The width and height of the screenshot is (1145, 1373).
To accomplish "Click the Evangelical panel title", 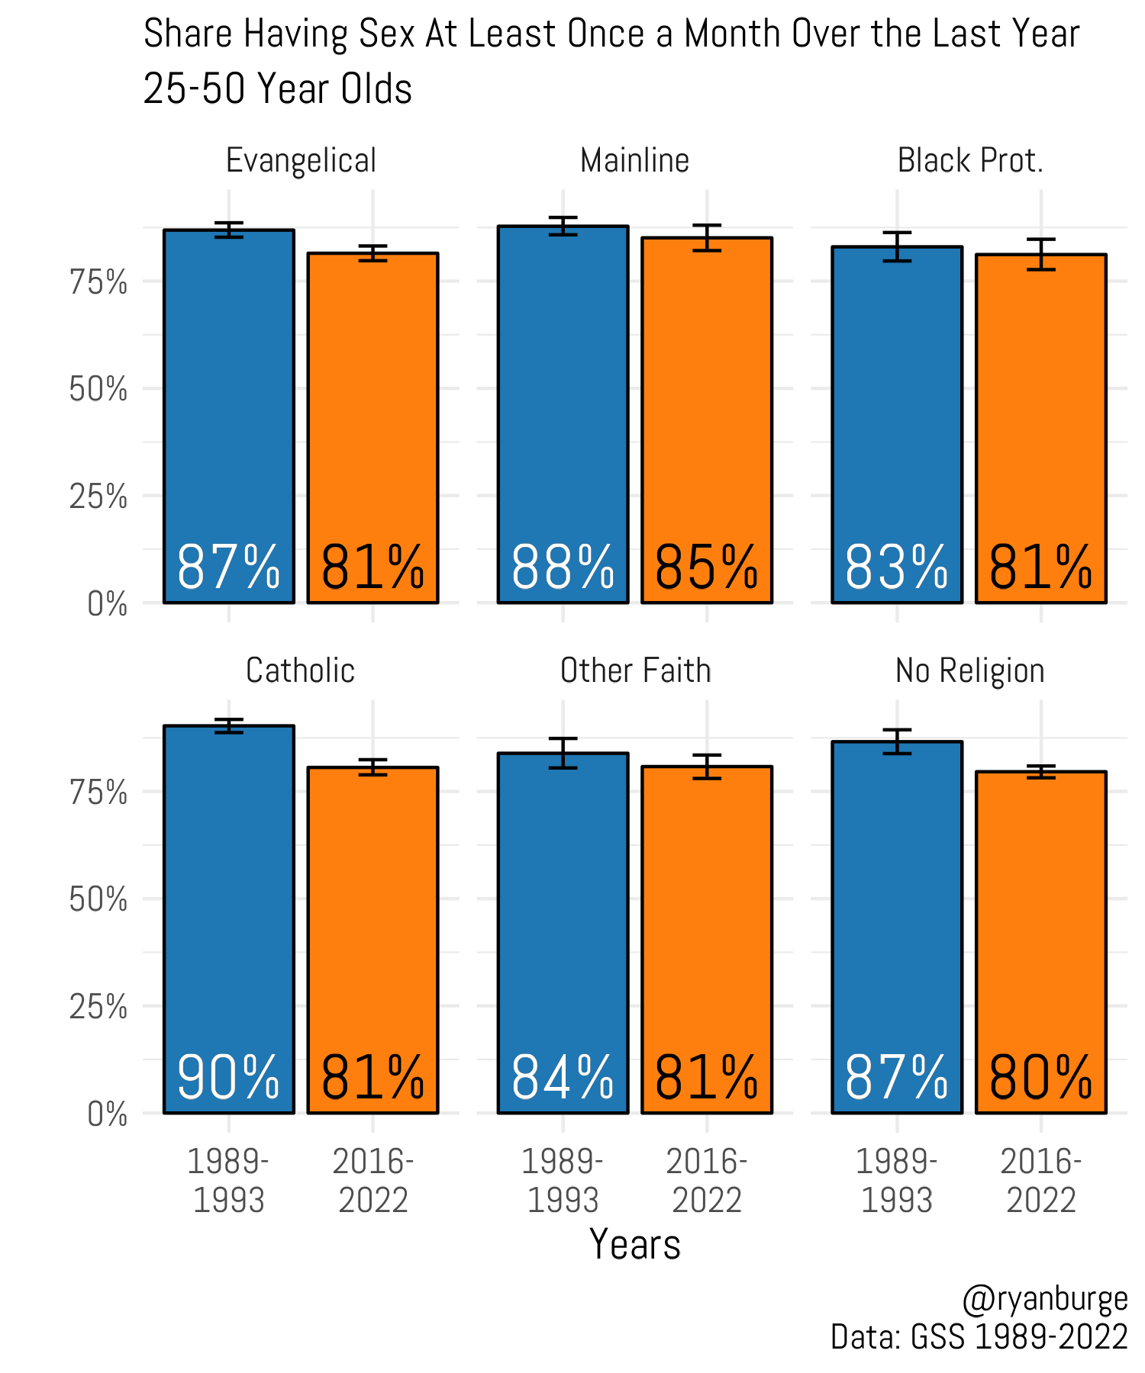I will pos(301,161).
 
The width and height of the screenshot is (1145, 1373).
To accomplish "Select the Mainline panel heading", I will pos(634,161).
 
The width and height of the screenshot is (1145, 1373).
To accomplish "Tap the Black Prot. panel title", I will pos(969,161).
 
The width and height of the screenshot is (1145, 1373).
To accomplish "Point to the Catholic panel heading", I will pos(300,670).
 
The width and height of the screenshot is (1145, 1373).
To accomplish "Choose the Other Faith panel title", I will pos(635,670).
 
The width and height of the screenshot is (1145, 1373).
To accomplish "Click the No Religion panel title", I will pos(969,670).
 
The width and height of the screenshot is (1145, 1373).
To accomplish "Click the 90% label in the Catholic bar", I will pos(228,1078).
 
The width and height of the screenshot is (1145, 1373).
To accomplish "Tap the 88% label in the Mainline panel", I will pos(563,568).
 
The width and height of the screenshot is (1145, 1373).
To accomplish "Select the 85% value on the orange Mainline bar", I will pos(707,568).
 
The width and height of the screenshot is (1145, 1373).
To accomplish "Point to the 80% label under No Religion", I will pos(1041,1078).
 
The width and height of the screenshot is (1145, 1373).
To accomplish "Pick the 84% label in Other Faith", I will pos(563,1078).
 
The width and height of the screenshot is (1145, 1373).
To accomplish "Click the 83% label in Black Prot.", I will pos(897,568).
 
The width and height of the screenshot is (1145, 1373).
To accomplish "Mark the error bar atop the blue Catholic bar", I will pos(228,725).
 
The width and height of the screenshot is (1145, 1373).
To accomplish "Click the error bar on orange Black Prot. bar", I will pos(1041,254).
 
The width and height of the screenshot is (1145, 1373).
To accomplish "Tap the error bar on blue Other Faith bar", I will pos(563,753).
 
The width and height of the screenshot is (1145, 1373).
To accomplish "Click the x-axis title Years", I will pos(634,1245).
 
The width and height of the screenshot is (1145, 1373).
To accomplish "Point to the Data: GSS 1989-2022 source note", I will pos(979,1336).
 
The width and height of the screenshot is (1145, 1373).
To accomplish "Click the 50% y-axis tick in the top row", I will pos(98,390).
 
